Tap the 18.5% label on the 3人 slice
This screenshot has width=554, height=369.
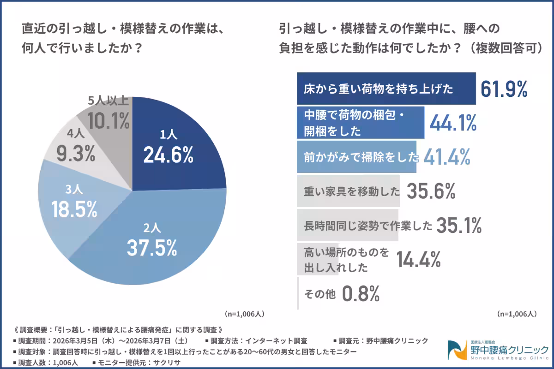point(74,208)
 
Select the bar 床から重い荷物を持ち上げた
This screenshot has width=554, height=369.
point(385,89)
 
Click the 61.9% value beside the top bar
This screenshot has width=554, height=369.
point(504,89)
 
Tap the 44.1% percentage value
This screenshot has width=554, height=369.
point(453,123)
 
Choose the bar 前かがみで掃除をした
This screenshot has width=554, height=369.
point(356,157)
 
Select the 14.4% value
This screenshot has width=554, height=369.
point(418,260)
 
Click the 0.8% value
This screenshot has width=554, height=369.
point(361,293)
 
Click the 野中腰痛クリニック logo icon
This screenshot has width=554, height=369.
point(458,350)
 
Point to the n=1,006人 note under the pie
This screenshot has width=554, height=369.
point(244,314)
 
